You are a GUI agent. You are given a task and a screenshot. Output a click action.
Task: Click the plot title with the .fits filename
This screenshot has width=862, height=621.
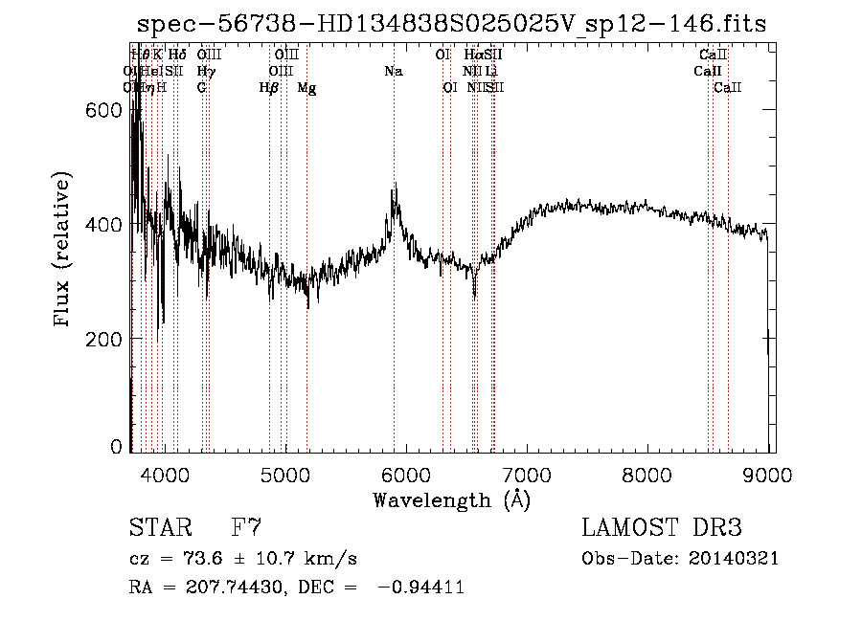[451, 24]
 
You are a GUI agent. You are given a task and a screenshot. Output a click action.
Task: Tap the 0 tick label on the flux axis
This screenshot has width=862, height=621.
[117, 446]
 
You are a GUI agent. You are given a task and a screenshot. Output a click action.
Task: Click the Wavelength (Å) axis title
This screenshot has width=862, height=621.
[451, 499]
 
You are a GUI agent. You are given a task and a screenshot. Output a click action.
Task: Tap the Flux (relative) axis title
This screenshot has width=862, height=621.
[63, 251]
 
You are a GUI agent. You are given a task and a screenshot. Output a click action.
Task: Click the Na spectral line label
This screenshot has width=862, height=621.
[394, 72]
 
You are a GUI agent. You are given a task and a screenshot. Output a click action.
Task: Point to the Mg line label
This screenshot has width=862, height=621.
[306, 88]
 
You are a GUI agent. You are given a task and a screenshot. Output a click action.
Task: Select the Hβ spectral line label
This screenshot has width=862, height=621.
[269, 88]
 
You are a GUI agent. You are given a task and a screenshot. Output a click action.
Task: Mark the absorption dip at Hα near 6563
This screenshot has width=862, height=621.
[474, 295]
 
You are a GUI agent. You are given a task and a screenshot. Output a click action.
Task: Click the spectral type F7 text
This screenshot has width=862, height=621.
[246, 528]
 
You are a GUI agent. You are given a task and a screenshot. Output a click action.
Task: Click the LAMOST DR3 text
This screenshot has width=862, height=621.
[661, 528]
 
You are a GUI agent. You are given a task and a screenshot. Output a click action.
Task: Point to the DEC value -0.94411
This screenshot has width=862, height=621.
[421, 588]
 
